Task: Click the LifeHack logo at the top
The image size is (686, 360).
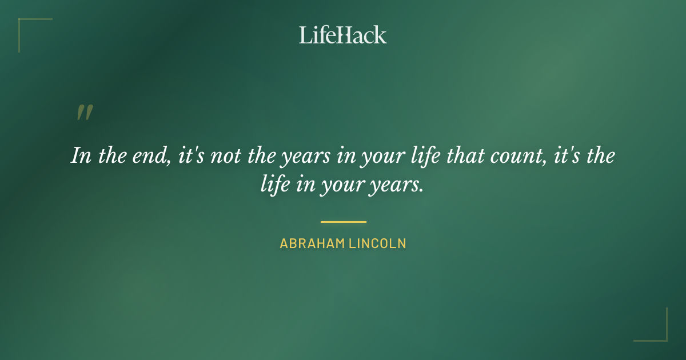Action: click(342, 35)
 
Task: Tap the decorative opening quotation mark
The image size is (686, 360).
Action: click(84, 113)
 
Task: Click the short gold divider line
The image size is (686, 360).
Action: click(343, 222)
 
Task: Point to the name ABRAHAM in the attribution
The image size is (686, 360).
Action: click(311, 243)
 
